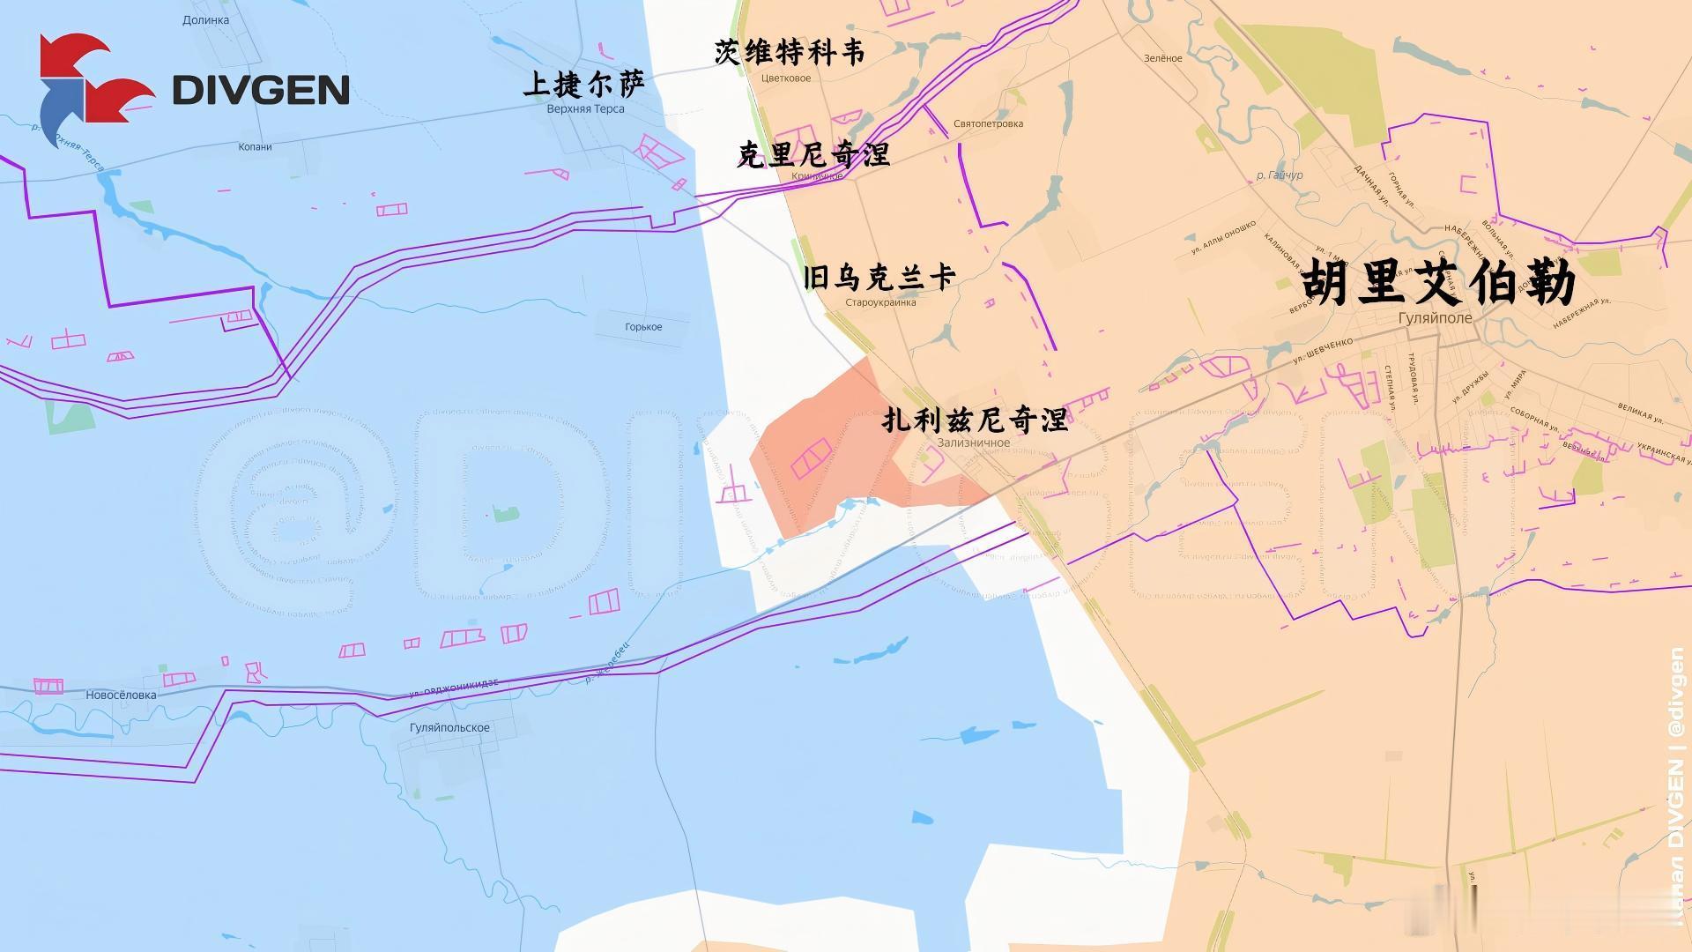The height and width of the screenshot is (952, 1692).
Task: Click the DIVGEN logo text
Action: coord(261,90)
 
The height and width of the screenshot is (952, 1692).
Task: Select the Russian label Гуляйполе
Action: coord(1435,318)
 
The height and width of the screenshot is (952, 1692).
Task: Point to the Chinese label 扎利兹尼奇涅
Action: coord(975,420)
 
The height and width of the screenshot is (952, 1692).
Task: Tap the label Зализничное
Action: coord(974,443)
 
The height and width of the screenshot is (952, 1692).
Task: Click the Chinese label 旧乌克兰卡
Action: coord(879,278)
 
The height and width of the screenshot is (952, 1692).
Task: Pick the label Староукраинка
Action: coord(880,302)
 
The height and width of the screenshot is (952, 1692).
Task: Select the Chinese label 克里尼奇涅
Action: coord(813,155)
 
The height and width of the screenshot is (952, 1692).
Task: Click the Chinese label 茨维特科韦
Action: coord(790,53)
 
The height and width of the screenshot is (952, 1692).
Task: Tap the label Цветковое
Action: coord(786,78)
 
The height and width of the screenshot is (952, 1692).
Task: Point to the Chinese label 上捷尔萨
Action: coord(584,84)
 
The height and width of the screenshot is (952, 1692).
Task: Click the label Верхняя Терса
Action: coord(585,109)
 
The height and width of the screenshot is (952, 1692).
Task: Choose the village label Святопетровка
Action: coord(988,124)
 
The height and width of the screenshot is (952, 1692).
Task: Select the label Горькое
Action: coord(643,327)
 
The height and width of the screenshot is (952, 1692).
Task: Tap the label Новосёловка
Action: coord(121,695)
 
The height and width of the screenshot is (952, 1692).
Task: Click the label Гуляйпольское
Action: coord(449,727)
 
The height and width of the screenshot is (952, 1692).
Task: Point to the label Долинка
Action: coord(205,20)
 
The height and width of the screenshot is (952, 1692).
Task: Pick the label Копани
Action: coord(255,147)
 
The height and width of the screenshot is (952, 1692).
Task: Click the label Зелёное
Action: coord(1163,58)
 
